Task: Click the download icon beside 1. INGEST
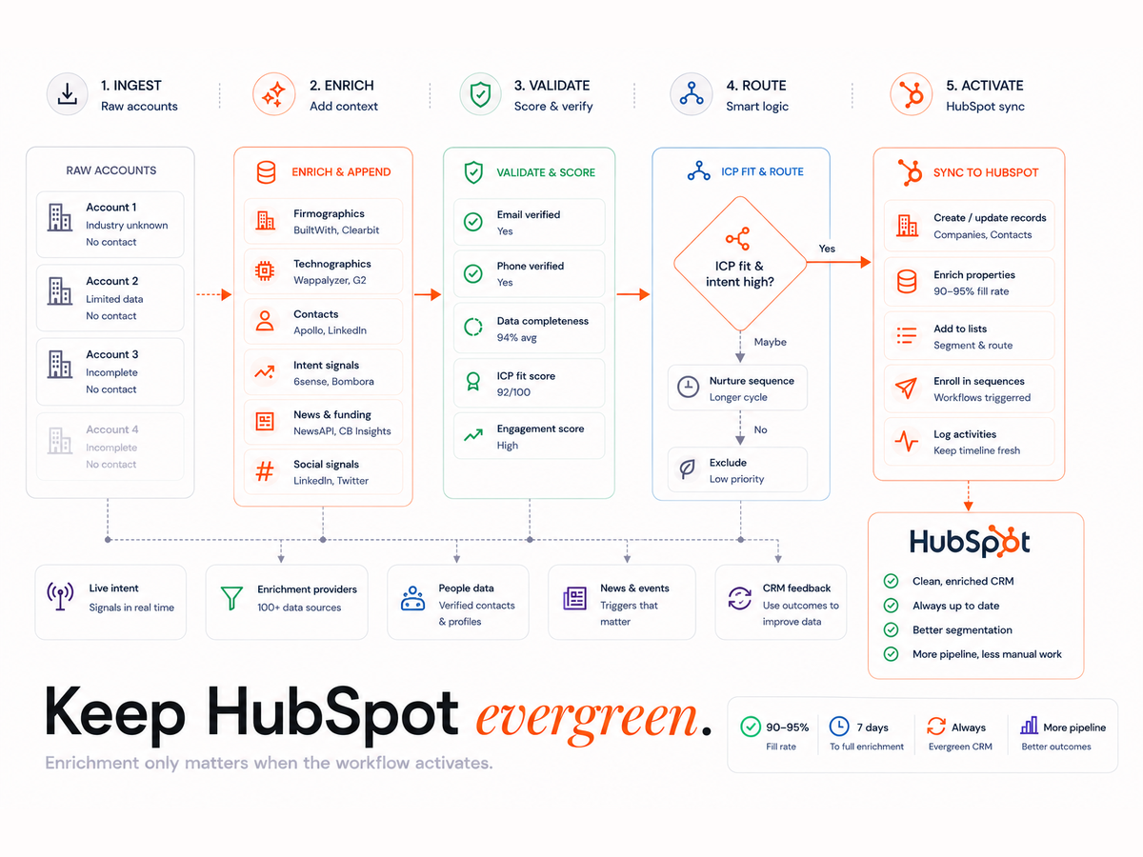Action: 68,94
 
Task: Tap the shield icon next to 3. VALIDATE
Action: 480,94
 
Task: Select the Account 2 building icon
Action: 60,290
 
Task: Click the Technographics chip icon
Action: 265,271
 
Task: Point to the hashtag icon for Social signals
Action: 265,471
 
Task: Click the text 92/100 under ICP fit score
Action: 513,391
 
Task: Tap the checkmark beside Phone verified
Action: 472,273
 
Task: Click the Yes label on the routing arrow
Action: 827,249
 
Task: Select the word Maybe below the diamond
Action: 771,342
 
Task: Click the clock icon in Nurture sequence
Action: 688,388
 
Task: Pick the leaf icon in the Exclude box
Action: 688,468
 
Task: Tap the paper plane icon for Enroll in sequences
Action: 906,389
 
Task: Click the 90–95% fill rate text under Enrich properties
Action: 972,291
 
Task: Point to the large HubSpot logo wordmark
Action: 970,541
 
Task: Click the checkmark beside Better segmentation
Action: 891,629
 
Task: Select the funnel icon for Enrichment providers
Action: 231,598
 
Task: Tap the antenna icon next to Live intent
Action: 60,596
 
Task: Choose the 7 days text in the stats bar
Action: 872,727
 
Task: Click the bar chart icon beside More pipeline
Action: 1029,726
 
